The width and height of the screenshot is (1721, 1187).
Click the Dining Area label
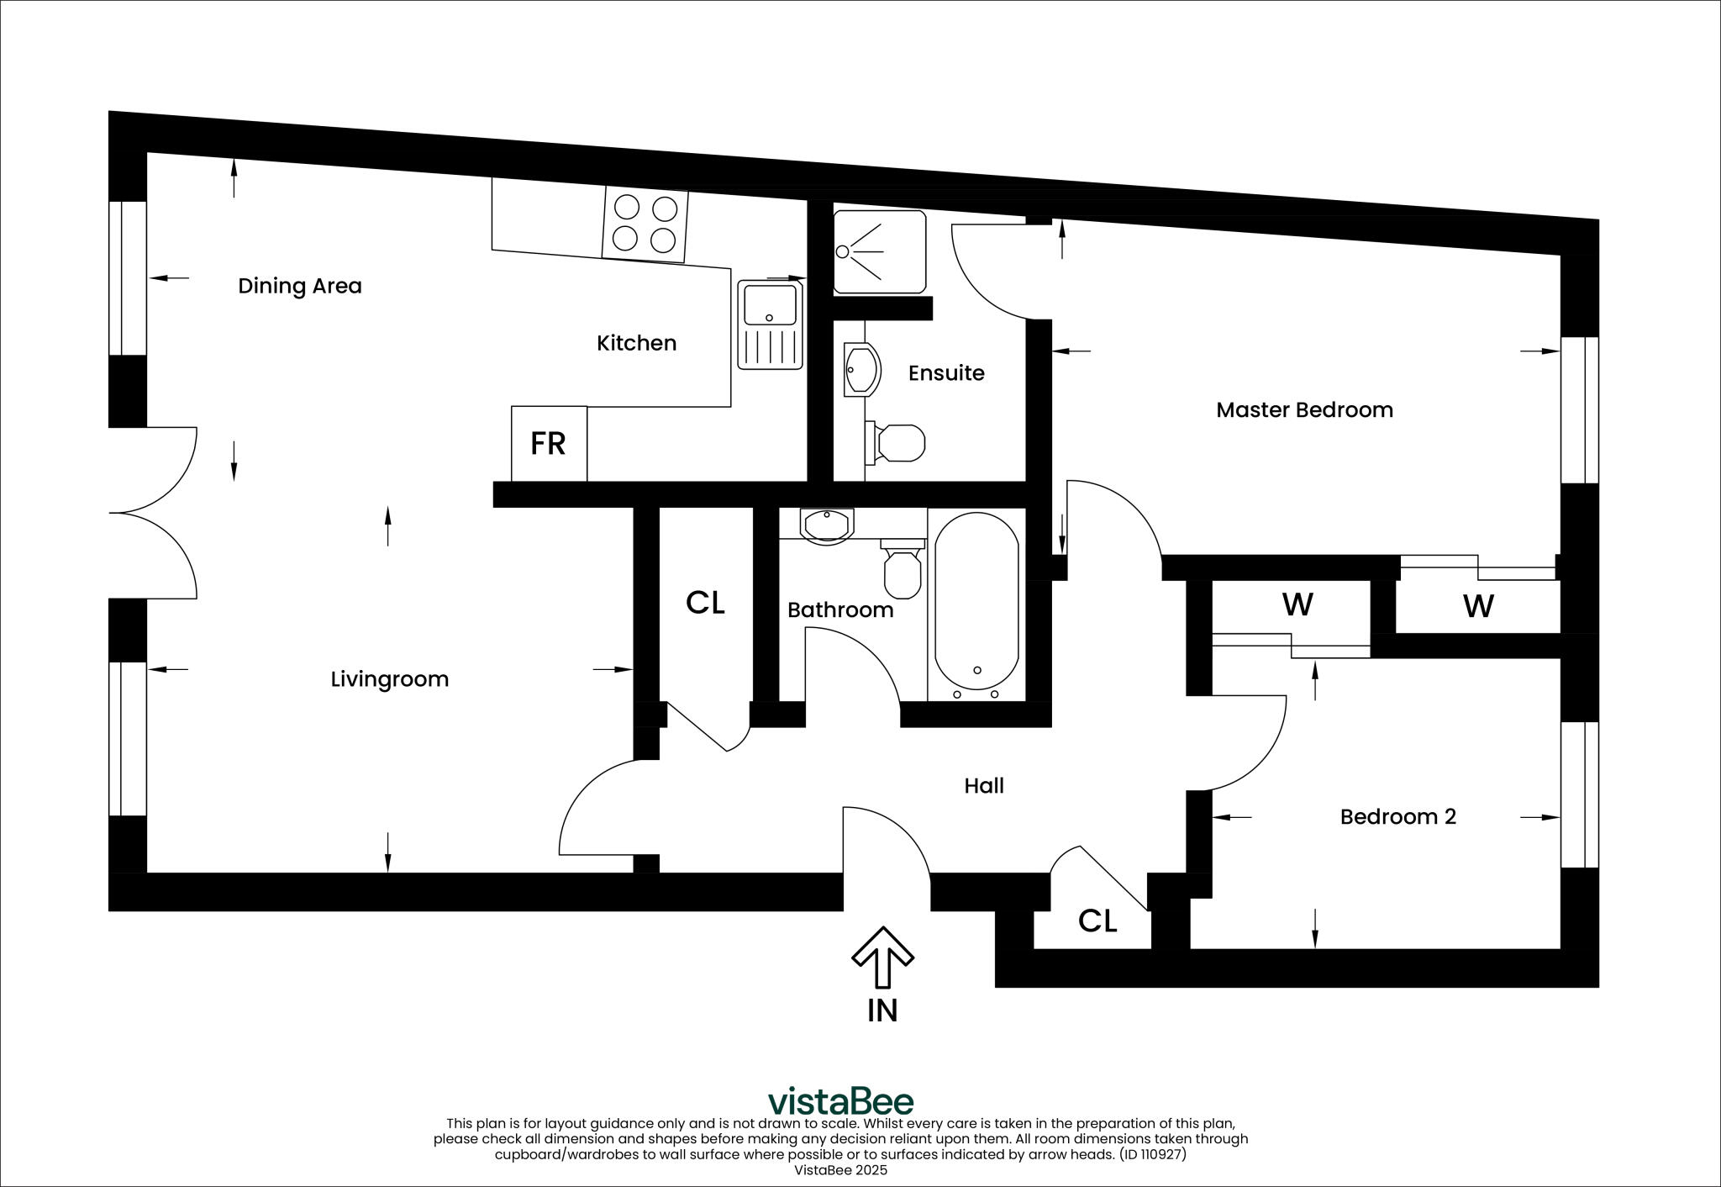click(x=299, y=286)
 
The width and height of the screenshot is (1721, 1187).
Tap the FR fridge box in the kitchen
click(x=549, y=444)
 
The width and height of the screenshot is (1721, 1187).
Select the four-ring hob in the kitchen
click(x=645, y=224)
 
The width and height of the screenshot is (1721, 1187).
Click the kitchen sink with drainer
click(x=770, y=325)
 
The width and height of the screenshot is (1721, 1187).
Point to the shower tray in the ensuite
click(x=879, y=251)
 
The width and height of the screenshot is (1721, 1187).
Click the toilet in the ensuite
click(x=898, y=442)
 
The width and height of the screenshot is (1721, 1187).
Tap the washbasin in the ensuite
click(x=861, y=369)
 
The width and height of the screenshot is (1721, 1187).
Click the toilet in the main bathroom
click(x=903, y=569)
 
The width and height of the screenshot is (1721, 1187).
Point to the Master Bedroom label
click(x=1304, y=410)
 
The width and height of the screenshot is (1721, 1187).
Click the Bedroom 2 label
click(x=1397, y=816)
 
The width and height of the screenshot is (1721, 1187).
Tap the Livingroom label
click(x=389, y=679)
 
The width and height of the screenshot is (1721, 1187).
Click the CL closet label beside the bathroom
click(x=705, y=603)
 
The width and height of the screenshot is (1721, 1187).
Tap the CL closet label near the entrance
click(x=1097, y=921)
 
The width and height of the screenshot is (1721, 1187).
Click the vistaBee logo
click(x=840, y=1100)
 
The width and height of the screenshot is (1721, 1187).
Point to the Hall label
click(x=983, y=786)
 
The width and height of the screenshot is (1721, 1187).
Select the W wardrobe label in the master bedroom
click(x=1478, y=606)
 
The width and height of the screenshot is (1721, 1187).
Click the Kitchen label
click(x=636, y=343)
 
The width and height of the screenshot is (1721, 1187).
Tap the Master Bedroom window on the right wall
click(x=1580, y=410)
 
